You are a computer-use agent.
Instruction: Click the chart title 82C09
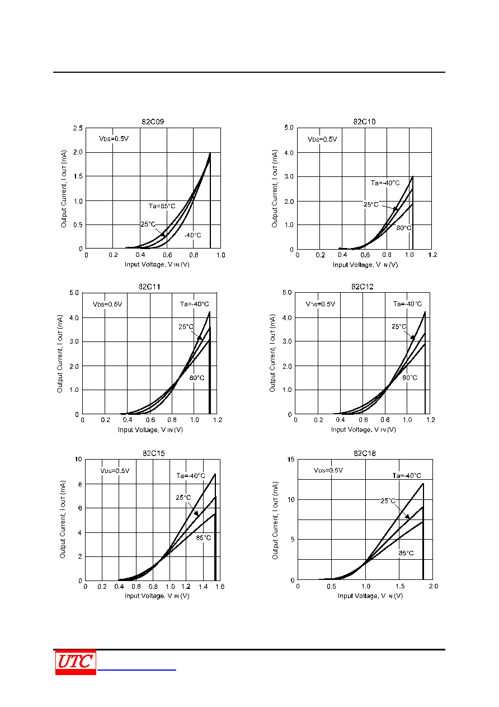pyautogui.click(x=153, y=122)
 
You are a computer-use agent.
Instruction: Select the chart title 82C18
pyautogui.click(x=365, y=453)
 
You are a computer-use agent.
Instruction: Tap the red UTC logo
pyautogui.click(x=76, y=662)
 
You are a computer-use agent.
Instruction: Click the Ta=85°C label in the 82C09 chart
pyautogui.click(x=162, y=206)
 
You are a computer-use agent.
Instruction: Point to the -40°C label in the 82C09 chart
pyautogui.click(x=192, y=235)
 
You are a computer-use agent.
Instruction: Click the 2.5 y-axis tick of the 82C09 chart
pyautogui.click(x=78, y=128)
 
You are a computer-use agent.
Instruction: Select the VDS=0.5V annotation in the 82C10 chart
pyautogui.click(x=322, y=139)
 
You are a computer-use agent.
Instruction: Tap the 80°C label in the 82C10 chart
pyautogui.click(x=404, y=228)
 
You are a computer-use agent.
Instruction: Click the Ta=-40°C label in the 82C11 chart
pyautogui.click(x=194, y=304)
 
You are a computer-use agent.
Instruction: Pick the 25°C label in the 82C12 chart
pyautogui.click(x=399, y=326)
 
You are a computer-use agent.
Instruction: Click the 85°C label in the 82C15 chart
pyautogui.click(x=204, y=538)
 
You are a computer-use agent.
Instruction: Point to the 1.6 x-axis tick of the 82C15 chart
pyautogui.click(x=220, y=587)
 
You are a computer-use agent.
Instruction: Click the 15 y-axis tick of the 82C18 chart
pyautogui.click(x=291, y=460)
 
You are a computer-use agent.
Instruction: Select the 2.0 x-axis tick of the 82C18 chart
pyautogui.click(x=434, y=586)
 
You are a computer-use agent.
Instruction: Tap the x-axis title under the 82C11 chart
pyautogui.click(x=150, y=429)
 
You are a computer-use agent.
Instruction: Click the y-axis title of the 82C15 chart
pyautogui.click(x=63, y=519)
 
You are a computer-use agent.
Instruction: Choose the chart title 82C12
pyautogui.click(x=363, y=287)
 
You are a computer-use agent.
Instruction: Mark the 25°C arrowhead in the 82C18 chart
pyautogui.click(x=407, y=517)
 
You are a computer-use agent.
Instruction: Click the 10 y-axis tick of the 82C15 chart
pyautogui.click(x=78, y=459)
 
